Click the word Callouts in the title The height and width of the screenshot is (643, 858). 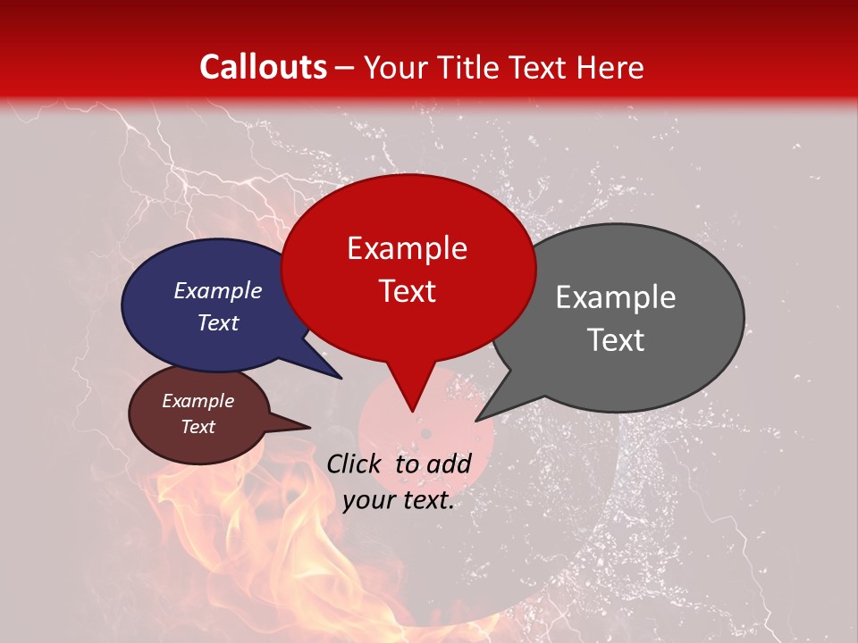pyautogui.click(x=263, y=67)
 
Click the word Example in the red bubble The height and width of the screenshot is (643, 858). pyautogui.click(x=407, y=248)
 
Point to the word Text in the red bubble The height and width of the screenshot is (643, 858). pyautogui.click(x=407, y=291)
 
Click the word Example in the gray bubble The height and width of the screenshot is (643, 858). pyautogui.click(x=615, y=297)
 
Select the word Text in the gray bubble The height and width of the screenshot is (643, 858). pyautogui.click(x=615, y=340)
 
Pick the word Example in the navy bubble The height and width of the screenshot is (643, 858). pyautogui.click(x=217, y=291)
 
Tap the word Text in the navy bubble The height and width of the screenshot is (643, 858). pyautogui.click(x=217, y=323)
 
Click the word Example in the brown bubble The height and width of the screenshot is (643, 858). pyautogui.click(x=198, y=401)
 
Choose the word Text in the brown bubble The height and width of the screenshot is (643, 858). pyautogui.click(x=198, y=427)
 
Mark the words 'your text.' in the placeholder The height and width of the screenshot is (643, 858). pyautogui.click(x=398, y=501)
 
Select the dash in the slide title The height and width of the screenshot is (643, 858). pyautogui.click(x=345, y=67)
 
